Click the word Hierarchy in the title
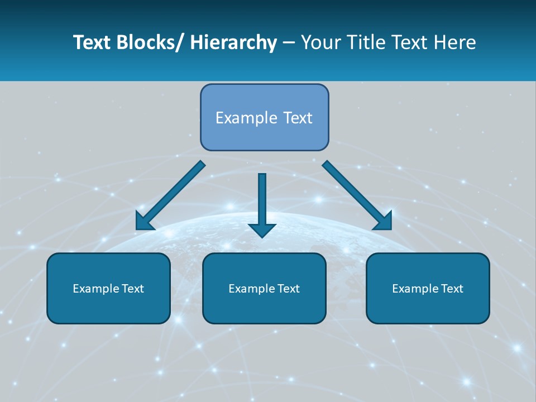click(233, 42)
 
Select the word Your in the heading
click(319, 42)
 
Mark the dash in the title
click(289, 42)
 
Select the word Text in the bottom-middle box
click(288, 289)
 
